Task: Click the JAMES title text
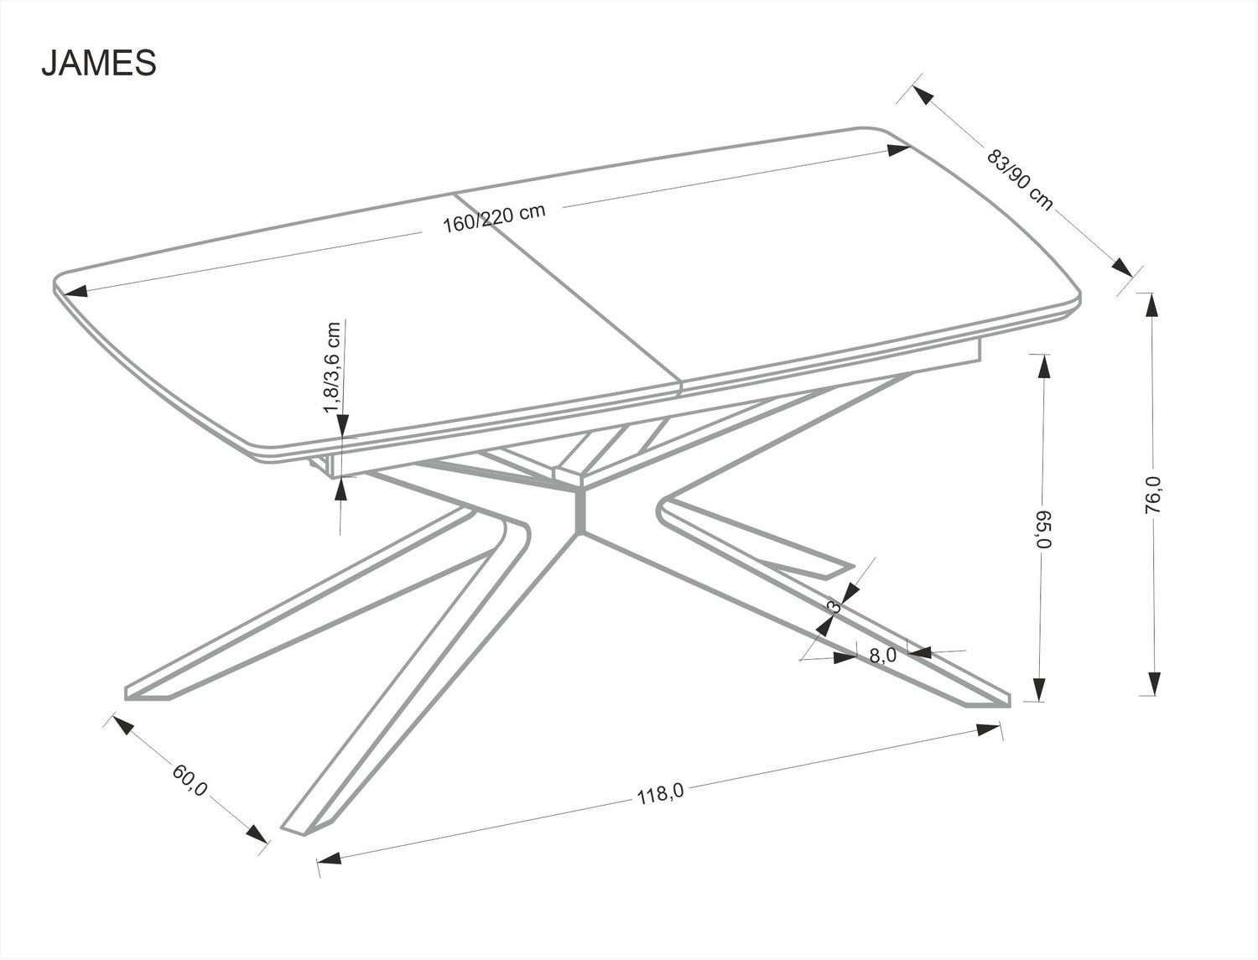pos(99,64)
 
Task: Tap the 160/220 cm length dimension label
pos(495,218)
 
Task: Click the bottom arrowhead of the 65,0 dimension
pos(1040,689)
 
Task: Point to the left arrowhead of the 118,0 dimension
pos(328,859)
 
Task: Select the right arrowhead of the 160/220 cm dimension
pos(898,150)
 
